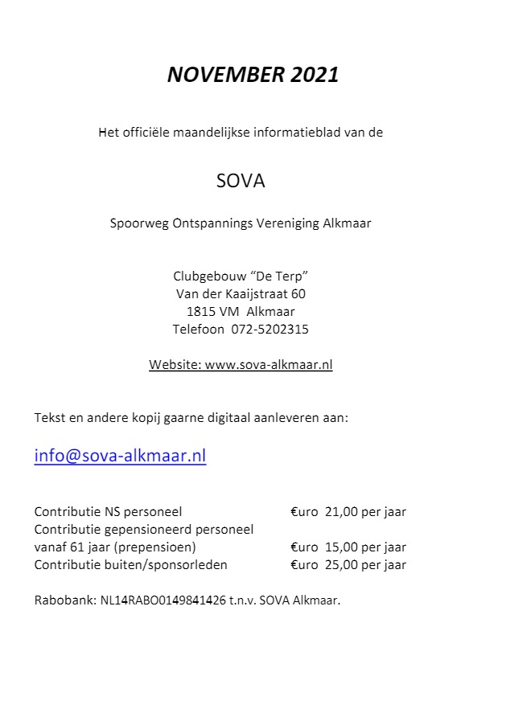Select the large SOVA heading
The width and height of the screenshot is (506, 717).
point(241,181)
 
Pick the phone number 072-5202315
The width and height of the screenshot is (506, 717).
point(269,329)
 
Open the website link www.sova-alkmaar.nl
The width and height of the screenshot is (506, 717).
point(269,364)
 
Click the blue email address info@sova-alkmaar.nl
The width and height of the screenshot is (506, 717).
point(120,456)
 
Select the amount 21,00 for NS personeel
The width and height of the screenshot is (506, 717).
point(342,511)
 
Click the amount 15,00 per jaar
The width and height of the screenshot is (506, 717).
point(366,547)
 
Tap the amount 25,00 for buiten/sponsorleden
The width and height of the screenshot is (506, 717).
point(342,564)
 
